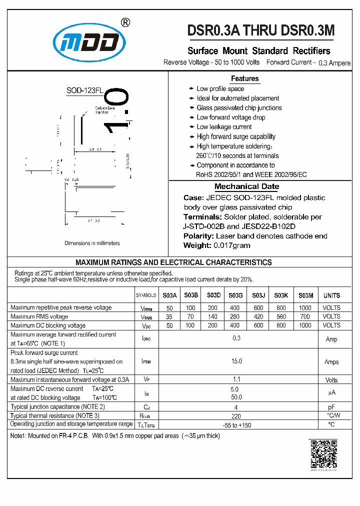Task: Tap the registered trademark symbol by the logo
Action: (x=126, y=22)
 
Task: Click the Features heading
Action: (x=244, y=78)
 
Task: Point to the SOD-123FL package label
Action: (x=84, y=90)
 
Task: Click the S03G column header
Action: (x=235, y=295)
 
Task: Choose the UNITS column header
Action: (x=331, y=295)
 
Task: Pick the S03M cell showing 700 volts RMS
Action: (x=304, y=316)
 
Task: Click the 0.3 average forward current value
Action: (x=236, y=338)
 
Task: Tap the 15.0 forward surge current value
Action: (x=236, y=361)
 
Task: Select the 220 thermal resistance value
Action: (x=236, y=415)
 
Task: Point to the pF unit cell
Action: (x=331, y=407)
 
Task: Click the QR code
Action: (x=324, y=454)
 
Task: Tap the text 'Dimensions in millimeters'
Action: (x=92, y=243)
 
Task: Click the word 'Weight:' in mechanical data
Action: (x=197, y=245)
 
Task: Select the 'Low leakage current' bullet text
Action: (x=224, y=127)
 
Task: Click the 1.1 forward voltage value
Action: (x=236, y=380)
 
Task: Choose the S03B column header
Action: (x=191, y=295)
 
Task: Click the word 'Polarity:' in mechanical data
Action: (x=199, y=236)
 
